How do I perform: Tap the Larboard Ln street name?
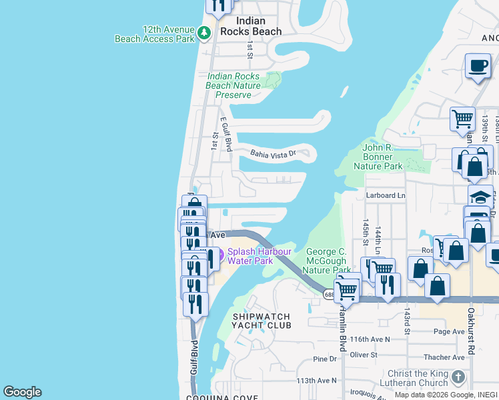385,195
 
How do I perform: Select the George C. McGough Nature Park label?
328,261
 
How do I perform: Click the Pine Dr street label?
325,359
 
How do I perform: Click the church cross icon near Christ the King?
458,377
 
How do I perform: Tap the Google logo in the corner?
22,392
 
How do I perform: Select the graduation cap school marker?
480,197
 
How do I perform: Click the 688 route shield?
329,294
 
